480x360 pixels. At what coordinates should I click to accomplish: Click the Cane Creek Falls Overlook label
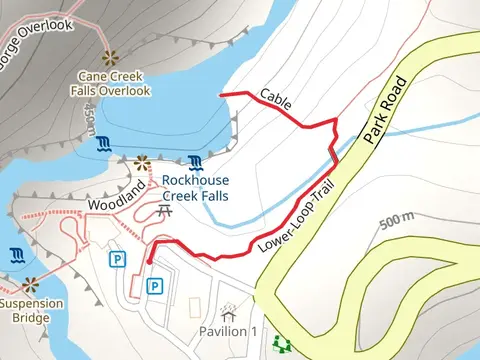pyautogui.click(x=115, y=83)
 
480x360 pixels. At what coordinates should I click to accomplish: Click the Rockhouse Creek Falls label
pyautogui.click(x=196, y=188)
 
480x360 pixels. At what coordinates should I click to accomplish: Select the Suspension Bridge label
pyautogui.click(x=30, y=311)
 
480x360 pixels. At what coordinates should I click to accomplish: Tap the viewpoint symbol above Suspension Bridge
pyautogui.click(x=32, y=285)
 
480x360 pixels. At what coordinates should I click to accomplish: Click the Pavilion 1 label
pyautogui.click(x=228, y=331)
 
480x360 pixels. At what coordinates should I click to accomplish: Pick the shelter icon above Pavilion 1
pyautogui.click(x=229, y=311)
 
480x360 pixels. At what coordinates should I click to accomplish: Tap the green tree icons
pyautogui.click(x=282, y=345)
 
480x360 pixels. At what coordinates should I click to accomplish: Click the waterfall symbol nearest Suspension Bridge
pyautogui.click(x=17, y=254)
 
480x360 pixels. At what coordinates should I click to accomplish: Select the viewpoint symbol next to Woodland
pyautogui.click(x=140, y=161)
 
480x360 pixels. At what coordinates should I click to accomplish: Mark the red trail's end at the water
pyautogui.click(x=221, y=94)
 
